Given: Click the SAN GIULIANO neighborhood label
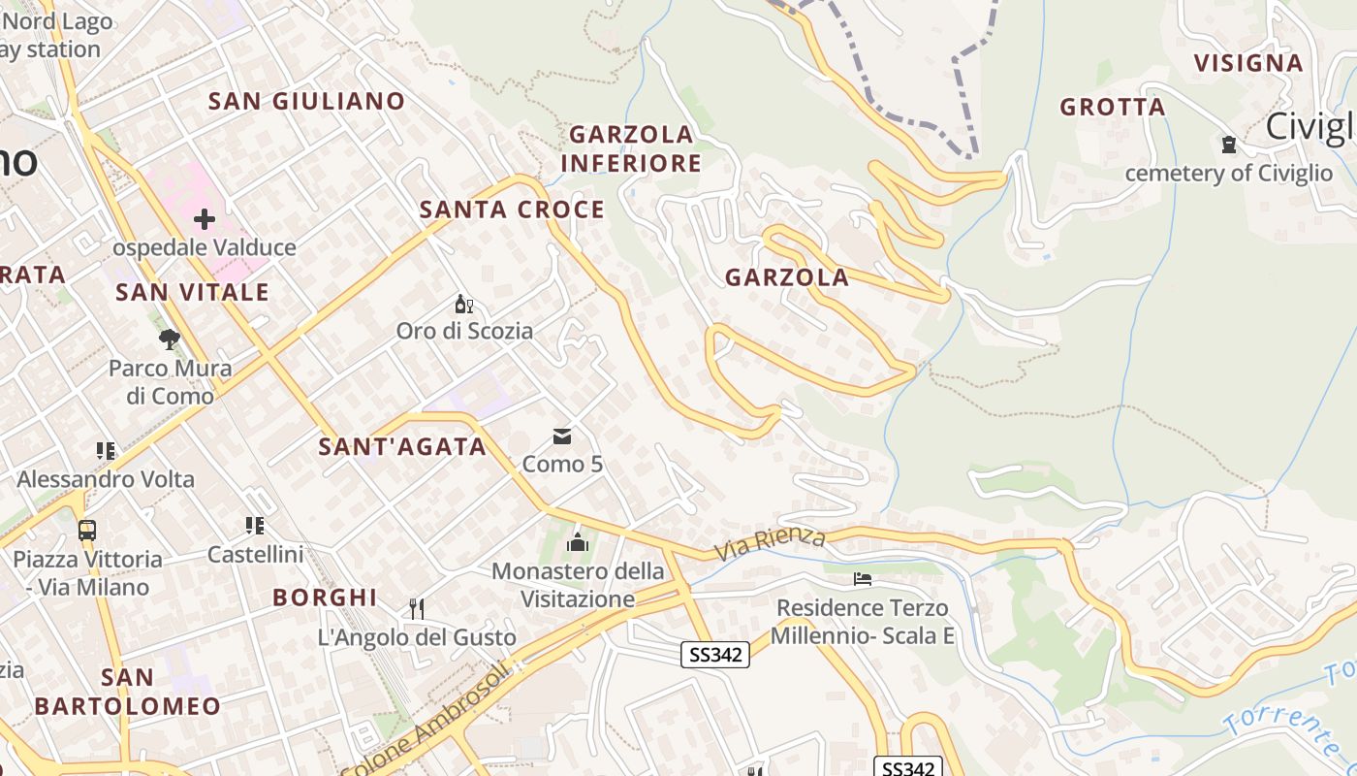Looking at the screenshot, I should pyautogui.click(x=306, y=101).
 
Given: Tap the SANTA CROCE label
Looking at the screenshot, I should pyautogui.click(x=512, y=210).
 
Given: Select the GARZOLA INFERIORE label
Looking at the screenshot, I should pyautogui.click(x=631, y=148).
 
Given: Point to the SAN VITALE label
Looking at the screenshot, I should pyautogui.click(x=192, y=292).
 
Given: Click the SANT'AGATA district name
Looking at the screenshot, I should pyautogui.click(x=402, y=446).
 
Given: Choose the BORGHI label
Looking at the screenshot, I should pyautogui.click(x=325, y=597).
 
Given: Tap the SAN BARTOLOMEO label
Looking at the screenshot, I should pyautogui.click(x=127, y=691).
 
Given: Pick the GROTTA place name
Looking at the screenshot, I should pyautogui.click(x=1113, y=107).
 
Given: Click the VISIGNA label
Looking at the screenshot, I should pyautogui.click(x=1248, y=63).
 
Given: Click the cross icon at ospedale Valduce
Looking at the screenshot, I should pyautogui.click(x=205, y=219).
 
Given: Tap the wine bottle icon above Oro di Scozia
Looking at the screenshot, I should pyautogui.click(x=464, y=305).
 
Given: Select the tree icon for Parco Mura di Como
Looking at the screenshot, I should pyautogui.click(x=170, y=339).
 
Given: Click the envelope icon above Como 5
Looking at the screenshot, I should pyautogui.click(x=562, y=436).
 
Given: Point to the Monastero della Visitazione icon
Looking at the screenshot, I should pyautogui.click(x=579, y=542).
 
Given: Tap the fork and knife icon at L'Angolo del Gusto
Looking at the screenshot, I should pyautogui.click(x=417, y=609).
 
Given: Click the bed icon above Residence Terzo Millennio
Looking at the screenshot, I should pyautogui.click(x=863, y=579).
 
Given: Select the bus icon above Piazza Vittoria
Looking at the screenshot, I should pyautogui.click(x=87, y=531).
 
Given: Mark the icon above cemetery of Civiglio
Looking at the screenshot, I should pyautogui.click(x=1229, y=145).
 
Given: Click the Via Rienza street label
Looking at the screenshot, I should pyautogui.click(x=771, y=544).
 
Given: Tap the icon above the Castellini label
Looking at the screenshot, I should pyautogui.click(x=255, y=526).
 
